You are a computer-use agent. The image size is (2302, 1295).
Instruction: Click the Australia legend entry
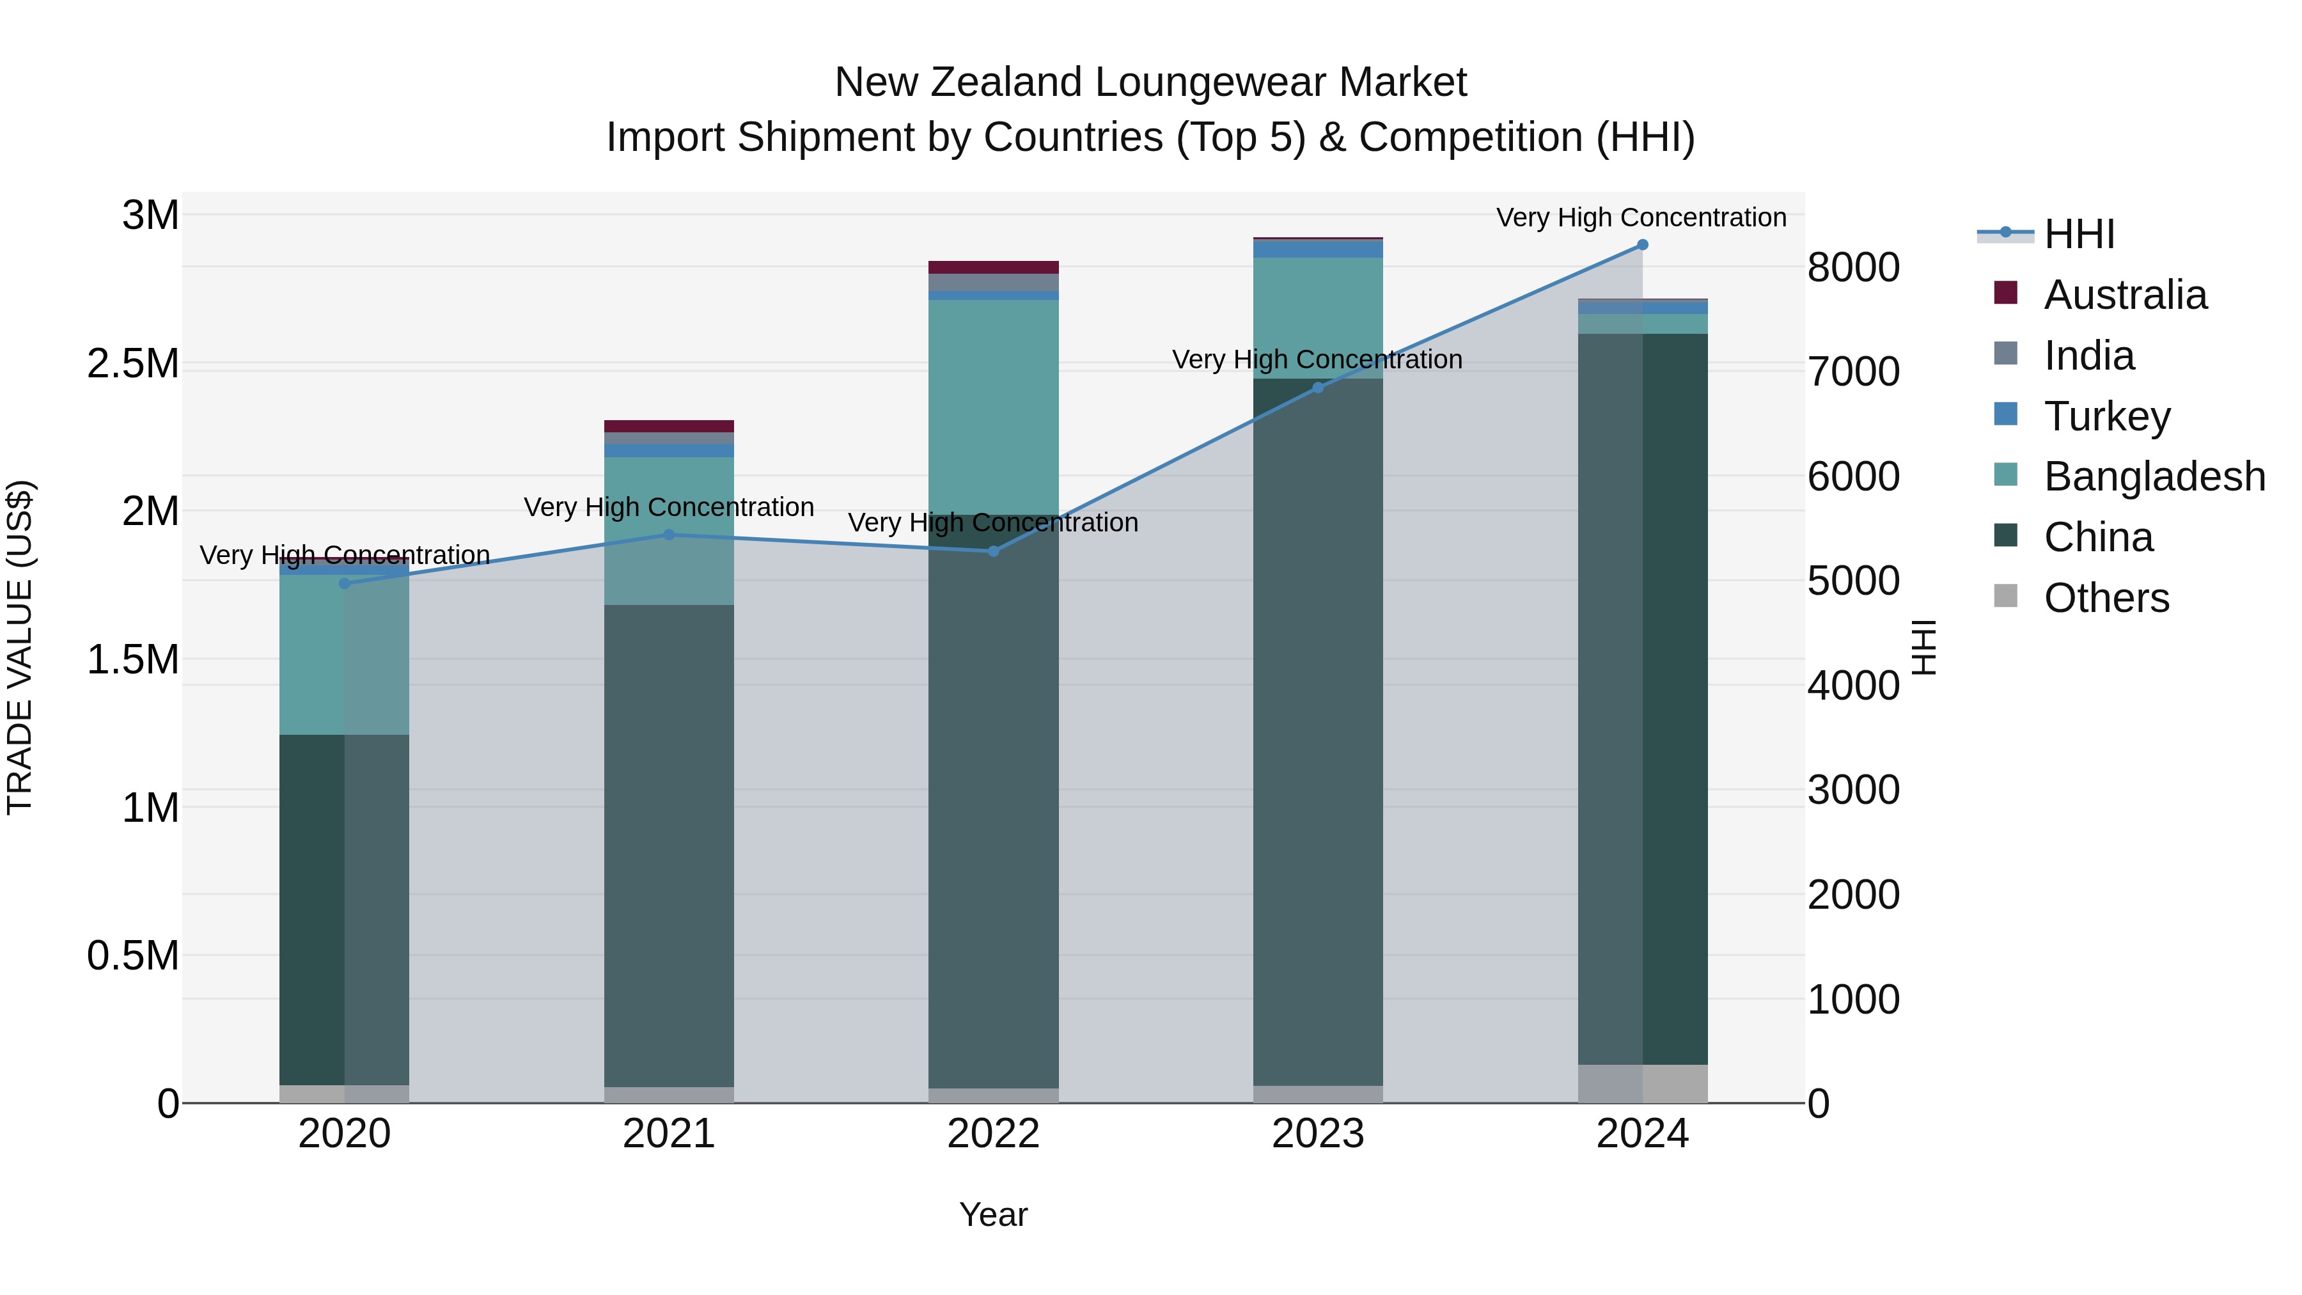point(2124,295)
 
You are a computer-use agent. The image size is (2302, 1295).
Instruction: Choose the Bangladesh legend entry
point(2154,476)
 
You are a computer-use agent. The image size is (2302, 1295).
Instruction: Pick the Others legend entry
point(2106,598)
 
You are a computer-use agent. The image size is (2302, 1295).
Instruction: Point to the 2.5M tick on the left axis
point(132,364)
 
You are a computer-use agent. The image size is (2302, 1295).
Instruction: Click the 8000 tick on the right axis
point(1852,267)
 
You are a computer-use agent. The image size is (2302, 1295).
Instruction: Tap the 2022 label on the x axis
point(993,1134)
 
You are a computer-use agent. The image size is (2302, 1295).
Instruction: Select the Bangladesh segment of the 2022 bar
point(993,407)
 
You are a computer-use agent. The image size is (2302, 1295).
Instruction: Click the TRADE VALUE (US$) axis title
point(20,647)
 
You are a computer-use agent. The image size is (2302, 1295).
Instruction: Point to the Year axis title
point(993,1214)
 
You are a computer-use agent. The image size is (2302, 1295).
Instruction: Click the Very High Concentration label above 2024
point(1641,217)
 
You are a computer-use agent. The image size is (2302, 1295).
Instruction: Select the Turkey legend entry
point(2106,416)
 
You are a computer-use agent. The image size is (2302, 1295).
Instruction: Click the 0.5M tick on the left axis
point(132,956)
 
